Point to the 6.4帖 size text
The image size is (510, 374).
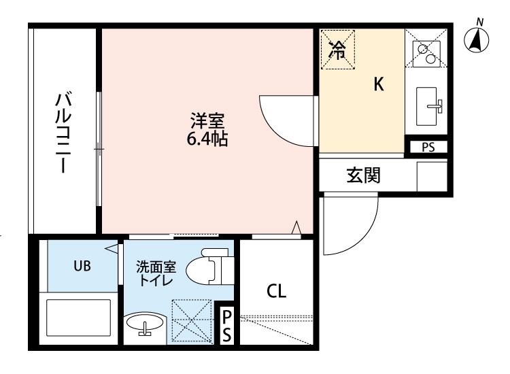(207, 140)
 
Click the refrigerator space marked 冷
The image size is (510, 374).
(337, 48)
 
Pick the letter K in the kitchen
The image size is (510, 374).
(379, 84)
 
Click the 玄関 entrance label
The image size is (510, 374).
(364, 175)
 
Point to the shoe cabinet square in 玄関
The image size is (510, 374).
(432, 176)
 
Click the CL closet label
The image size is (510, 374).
(276, 291)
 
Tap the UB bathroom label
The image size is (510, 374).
(82, 266)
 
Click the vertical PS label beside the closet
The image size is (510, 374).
(227, 326)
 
